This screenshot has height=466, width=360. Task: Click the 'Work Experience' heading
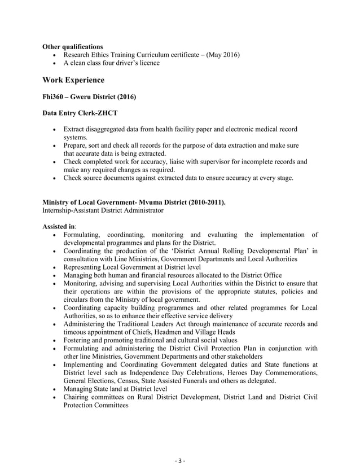73,80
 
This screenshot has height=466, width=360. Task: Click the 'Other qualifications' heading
73,46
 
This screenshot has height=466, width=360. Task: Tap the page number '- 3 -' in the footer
179,461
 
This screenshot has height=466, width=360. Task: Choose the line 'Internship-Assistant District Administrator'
103,210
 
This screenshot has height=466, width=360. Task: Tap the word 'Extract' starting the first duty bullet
74,130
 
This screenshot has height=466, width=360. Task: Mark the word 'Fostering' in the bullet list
78,340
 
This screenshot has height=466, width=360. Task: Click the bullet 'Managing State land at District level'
115,389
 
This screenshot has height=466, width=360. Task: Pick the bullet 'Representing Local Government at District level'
131,267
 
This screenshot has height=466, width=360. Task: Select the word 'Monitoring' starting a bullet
81,283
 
